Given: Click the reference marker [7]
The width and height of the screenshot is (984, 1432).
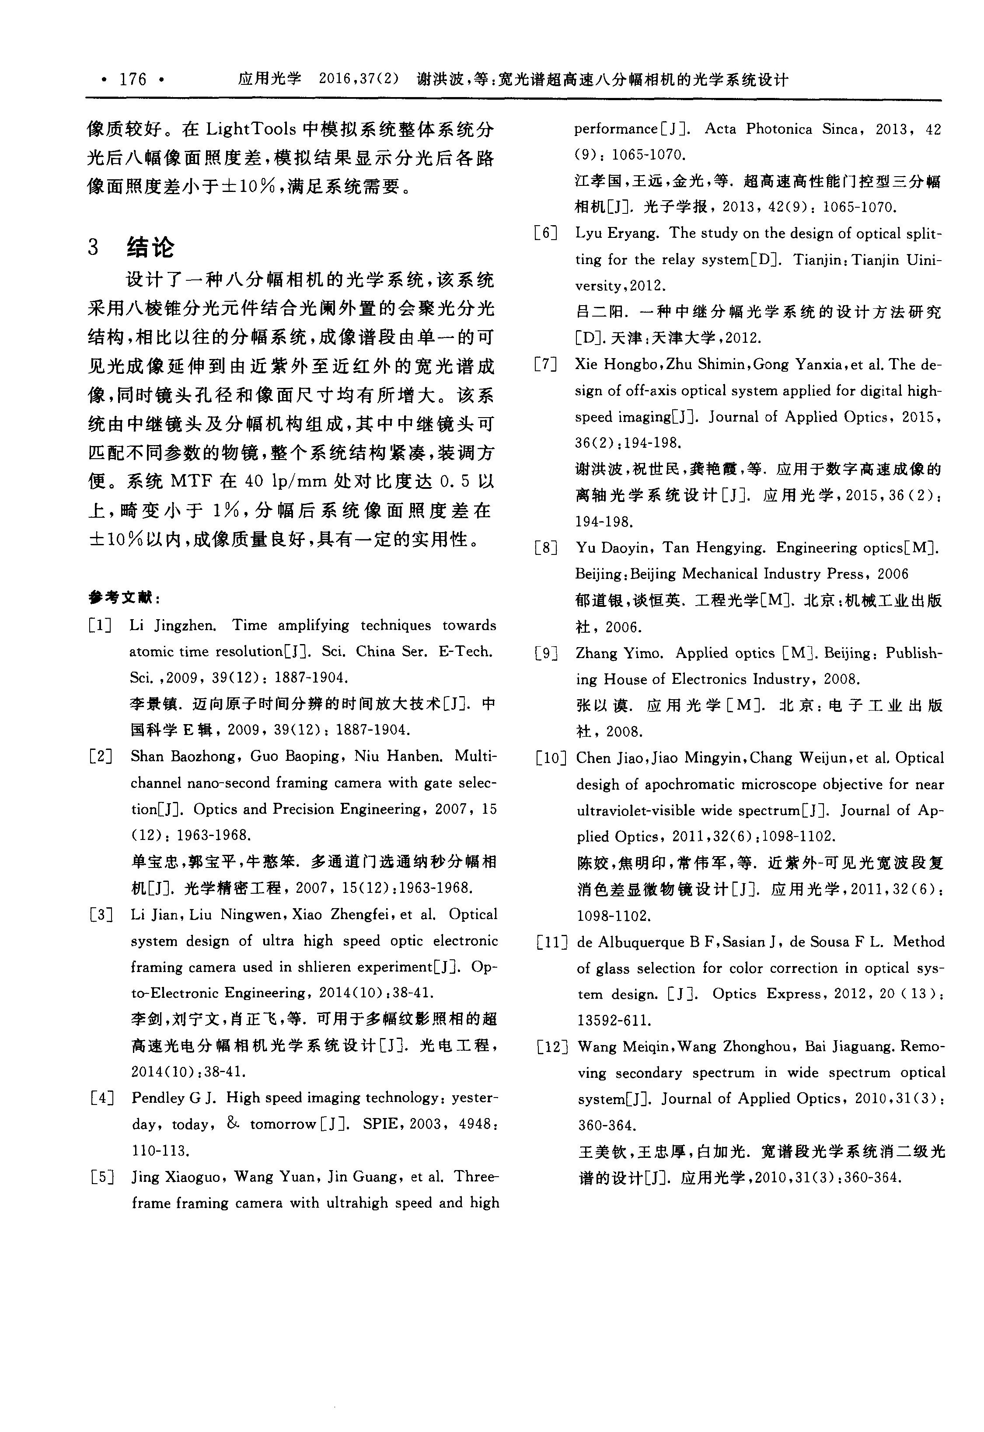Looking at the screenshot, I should (x=546, y=364).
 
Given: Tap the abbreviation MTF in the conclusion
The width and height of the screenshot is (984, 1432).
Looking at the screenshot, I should (x=191, y=481).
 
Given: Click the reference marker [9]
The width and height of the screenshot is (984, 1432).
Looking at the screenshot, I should (x=546, y=653).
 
